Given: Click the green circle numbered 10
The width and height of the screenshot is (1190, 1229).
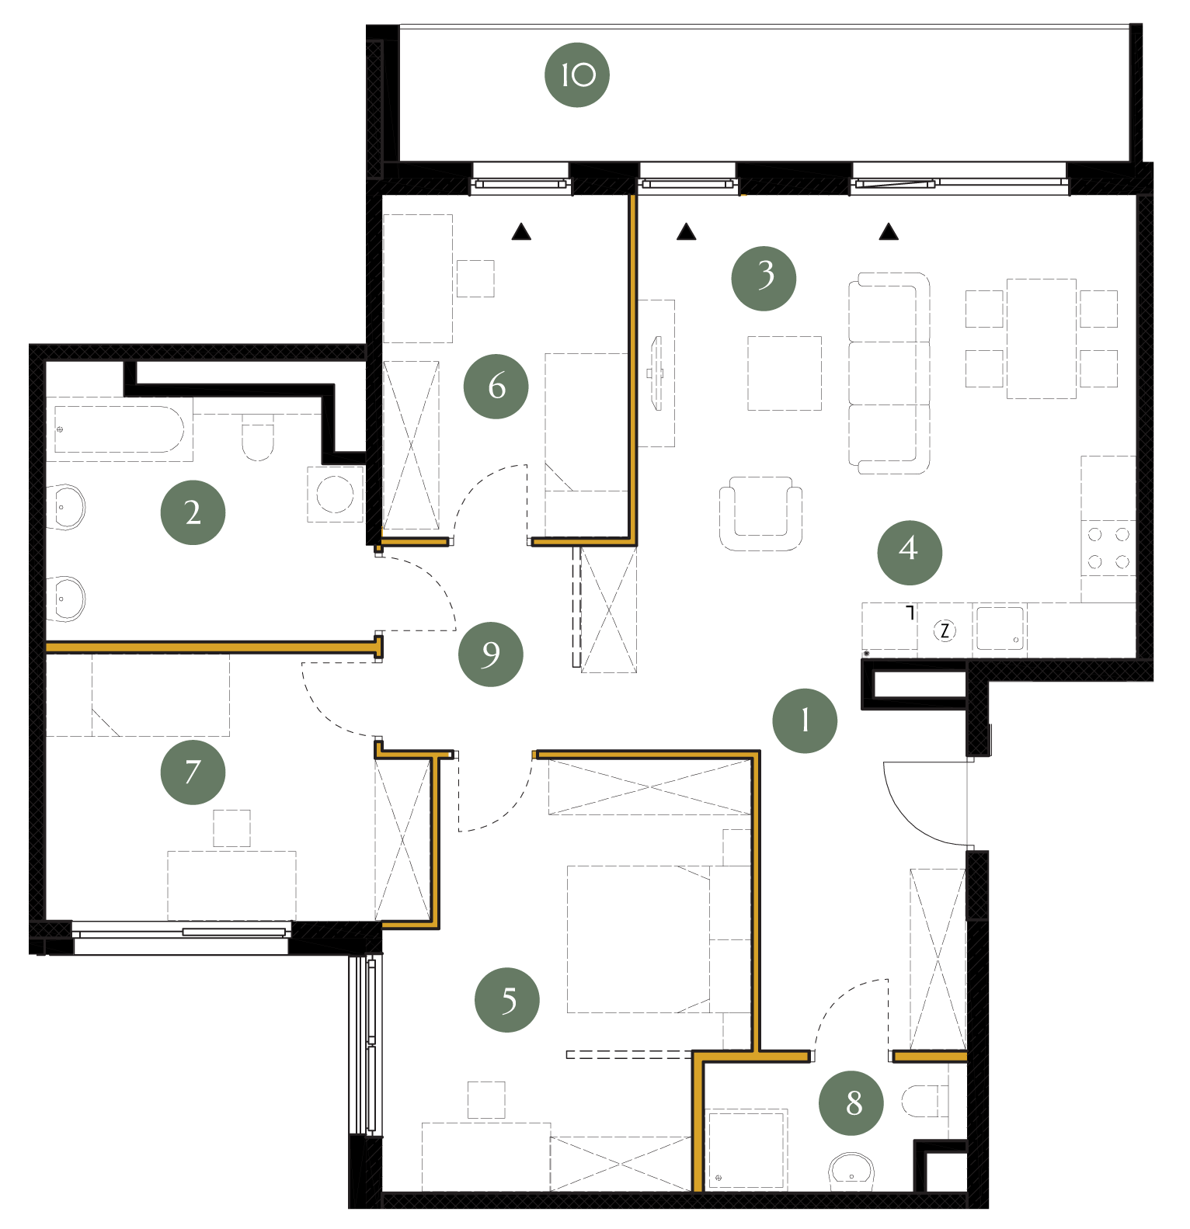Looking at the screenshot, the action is tap(577, 75).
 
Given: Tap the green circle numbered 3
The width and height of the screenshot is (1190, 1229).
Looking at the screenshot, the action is tap(764, 278).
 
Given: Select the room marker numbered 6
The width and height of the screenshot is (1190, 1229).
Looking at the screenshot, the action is tap(496, 386).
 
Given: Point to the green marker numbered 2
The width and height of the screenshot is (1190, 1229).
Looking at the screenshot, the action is tap(193, 512).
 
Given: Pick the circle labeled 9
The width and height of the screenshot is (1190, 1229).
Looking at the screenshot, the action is tap(490, 654).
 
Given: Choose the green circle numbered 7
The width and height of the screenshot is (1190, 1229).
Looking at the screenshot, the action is tap(193, 772).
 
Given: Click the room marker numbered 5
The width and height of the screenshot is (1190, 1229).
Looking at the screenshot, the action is tap(507, 999).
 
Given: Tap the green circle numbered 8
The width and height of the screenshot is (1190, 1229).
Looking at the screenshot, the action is tap(851, 1102).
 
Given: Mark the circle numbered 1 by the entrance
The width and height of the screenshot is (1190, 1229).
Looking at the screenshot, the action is tap(805, 720).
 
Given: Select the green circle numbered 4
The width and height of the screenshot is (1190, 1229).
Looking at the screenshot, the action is tap(910, 552).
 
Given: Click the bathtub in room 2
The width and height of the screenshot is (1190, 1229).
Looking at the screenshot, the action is tap(119, 429).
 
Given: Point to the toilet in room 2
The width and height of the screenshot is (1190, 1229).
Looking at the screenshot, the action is tap(258, 437).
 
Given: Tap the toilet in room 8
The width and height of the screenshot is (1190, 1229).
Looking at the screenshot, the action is tap(924, 1101).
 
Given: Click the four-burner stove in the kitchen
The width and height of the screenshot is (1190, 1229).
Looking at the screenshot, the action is tap(1108, 547).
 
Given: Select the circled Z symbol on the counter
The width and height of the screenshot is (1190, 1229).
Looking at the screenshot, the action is tap(945, 630).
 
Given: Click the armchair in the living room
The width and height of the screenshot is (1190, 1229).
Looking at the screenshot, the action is tap(760, 513).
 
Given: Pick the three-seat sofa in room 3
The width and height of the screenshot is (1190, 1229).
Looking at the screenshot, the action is tap(889, 373).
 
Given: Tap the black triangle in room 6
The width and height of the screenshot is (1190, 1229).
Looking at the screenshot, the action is tap(521, 231).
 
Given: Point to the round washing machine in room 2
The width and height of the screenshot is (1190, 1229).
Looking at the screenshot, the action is tap(336, 494).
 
